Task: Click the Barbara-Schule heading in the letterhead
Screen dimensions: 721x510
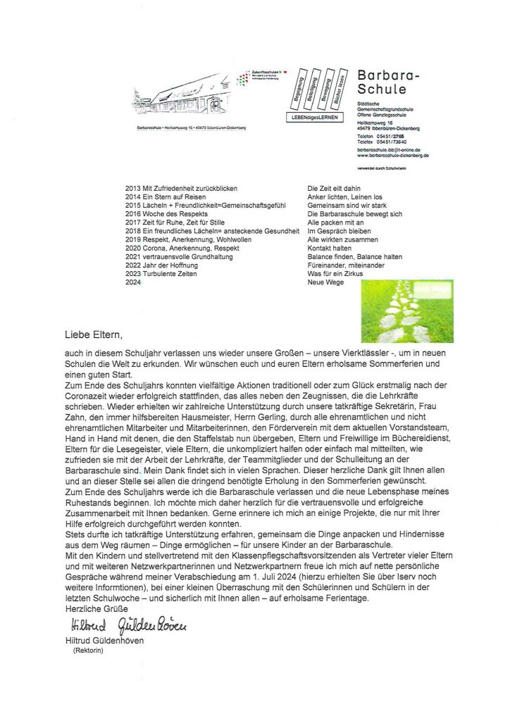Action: pyautogui.click(x=388, y=82)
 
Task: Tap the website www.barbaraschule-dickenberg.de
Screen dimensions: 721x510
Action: pyautogui.click(x=393, y=156)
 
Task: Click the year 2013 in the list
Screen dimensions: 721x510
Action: pyautogui.click(x=132, y=189)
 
